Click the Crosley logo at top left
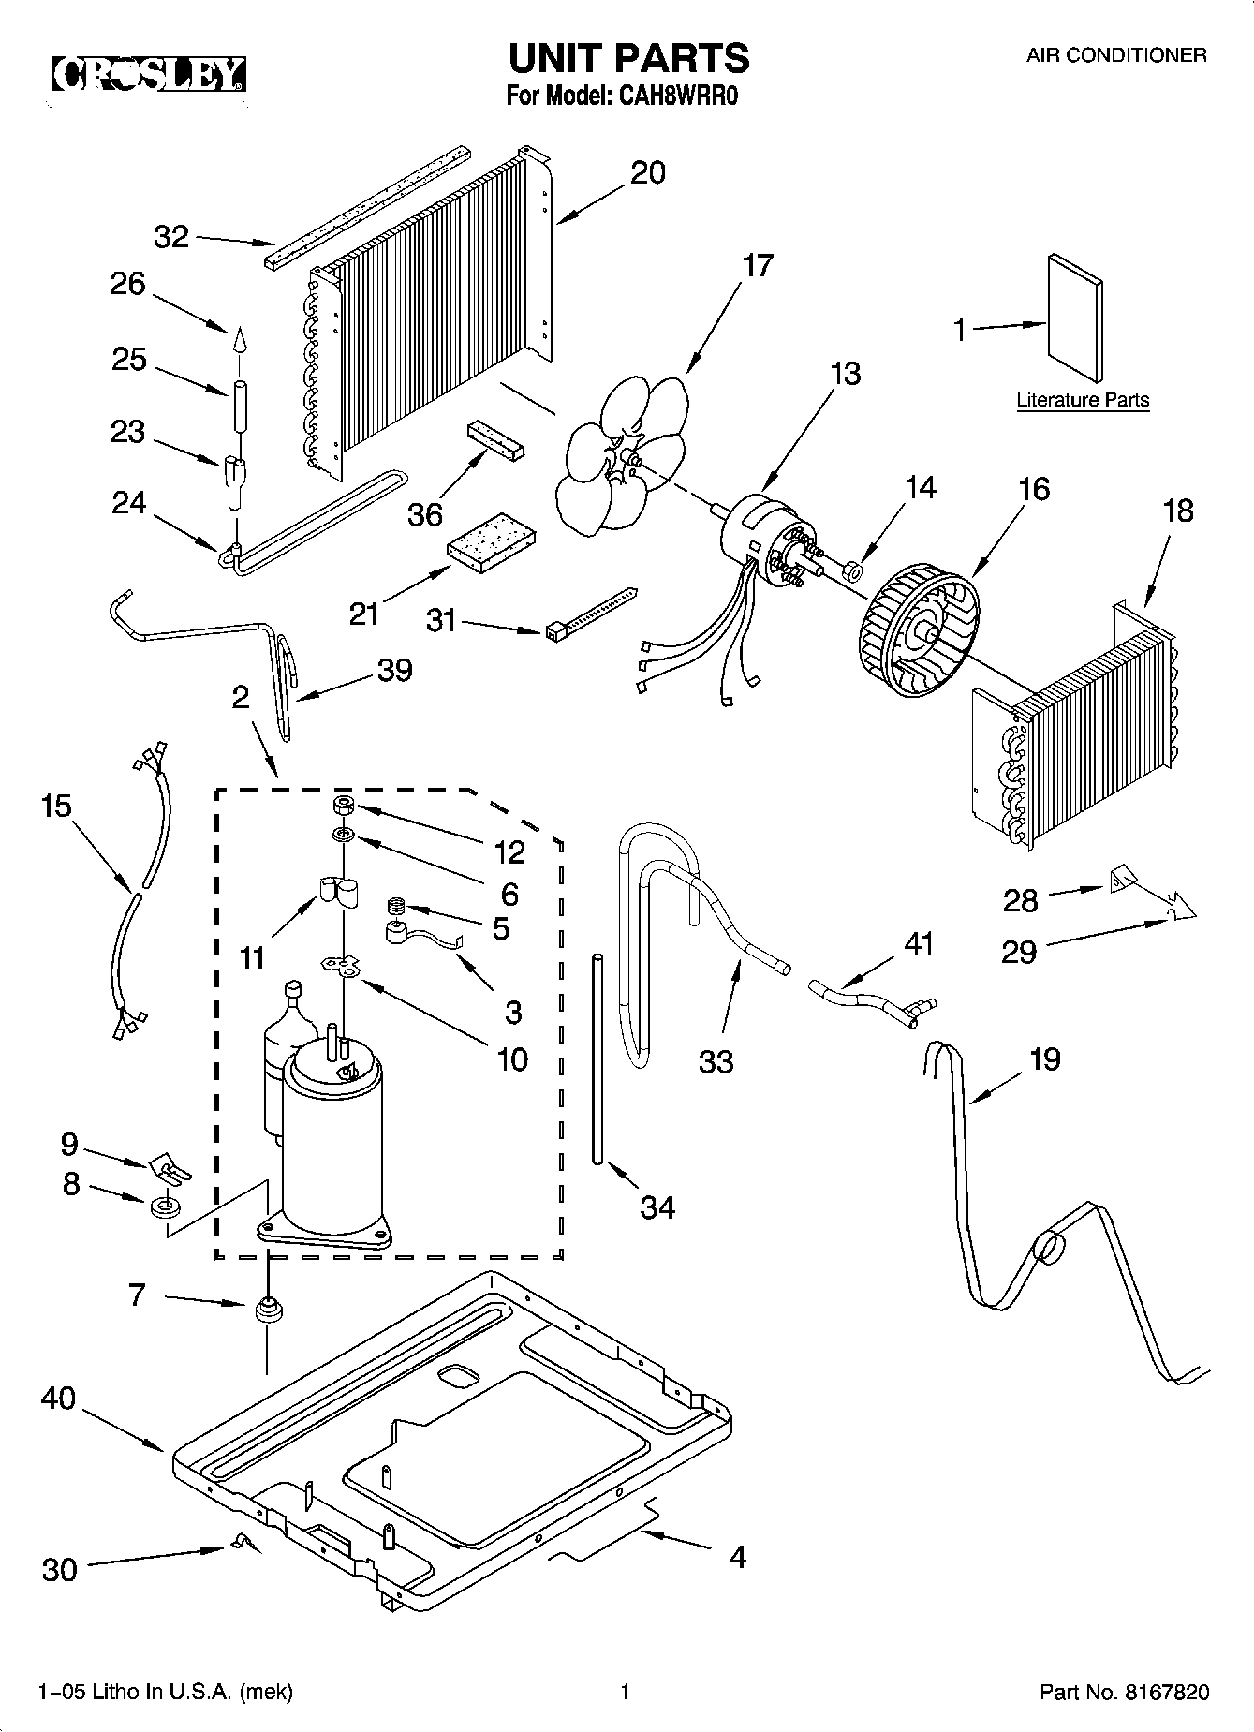coord(148,74)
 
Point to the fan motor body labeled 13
coord(758,543)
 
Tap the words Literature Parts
coord(1083,400)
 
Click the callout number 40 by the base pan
coord(58,1399)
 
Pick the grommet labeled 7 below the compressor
coord(269,1309)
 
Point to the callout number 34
coord(657,1207)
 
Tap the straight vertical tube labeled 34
coord(597,1058)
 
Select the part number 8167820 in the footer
coord(1166,1693)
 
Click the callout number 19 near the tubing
coord(1044,1059)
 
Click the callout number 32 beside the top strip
coord(171,237)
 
